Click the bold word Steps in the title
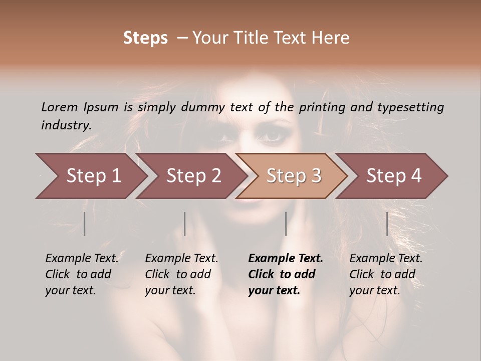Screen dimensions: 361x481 pyautogui.click(x=145, y=38)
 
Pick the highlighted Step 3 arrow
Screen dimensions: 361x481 pyautogui.click(x=292, y=176)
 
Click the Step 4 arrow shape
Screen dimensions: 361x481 pyautogui.click(x=392, y=176)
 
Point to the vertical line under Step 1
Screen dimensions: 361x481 pyautogui.click(x=84, y=224)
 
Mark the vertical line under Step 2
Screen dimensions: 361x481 pyautogui.click(x=185, y=224)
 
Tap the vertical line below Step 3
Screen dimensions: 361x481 pyautogui.click(x=286, y=224)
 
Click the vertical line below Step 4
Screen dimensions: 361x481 pyautogui.click(x=387, y=224)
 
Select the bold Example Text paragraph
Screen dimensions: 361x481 pyautogui.click(x=286, y=274)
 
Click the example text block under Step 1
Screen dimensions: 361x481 pyautogui.click(x=82, y=274)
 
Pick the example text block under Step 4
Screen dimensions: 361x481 pyautogui.click(x=386, y=274)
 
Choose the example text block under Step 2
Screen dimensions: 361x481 pyautogui.click(x=181, y=274)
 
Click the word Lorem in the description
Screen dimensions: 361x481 pyautogui.click(x=59, y=107)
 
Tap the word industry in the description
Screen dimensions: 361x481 pyautogui.click(x=66, y=125)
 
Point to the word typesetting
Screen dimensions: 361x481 pyautogui.click(x=413, y=107)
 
